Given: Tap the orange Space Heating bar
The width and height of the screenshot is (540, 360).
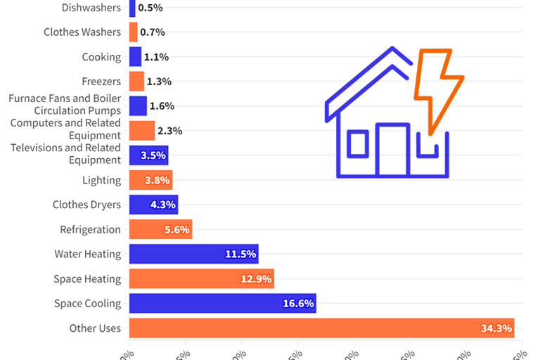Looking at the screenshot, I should (x=201, y=279).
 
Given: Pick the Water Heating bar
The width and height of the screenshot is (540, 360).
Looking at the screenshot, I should (x=193, y=254).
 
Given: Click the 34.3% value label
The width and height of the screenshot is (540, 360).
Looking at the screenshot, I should (x=496, y=328).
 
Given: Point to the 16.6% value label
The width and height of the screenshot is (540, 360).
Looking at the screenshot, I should (x=298, y=304).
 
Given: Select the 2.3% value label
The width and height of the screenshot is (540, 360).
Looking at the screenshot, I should (x=169, y=130).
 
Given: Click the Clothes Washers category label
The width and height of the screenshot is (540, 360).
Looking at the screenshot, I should (x=82, y=32).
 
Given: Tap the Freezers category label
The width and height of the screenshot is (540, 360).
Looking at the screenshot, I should (x=101, y=82).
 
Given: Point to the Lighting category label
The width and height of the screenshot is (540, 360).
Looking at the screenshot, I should (x=101, y=180).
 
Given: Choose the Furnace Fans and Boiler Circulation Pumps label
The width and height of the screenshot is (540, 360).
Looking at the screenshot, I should (x=65, y=104).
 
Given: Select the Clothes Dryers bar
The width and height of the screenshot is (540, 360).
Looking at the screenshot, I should (x=153, y=205).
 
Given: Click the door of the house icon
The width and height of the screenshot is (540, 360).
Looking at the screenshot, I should (x=392, y=150).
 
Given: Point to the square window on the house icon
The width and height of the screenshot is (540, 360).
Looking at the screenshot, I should (x=358, y=143).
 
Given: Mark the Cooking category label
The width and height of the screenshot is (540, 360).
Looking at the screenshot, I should (x=101, y=57).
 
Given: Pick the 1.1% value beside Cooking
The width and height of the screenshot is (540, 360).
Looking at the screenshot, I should (x=156, y=57).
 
